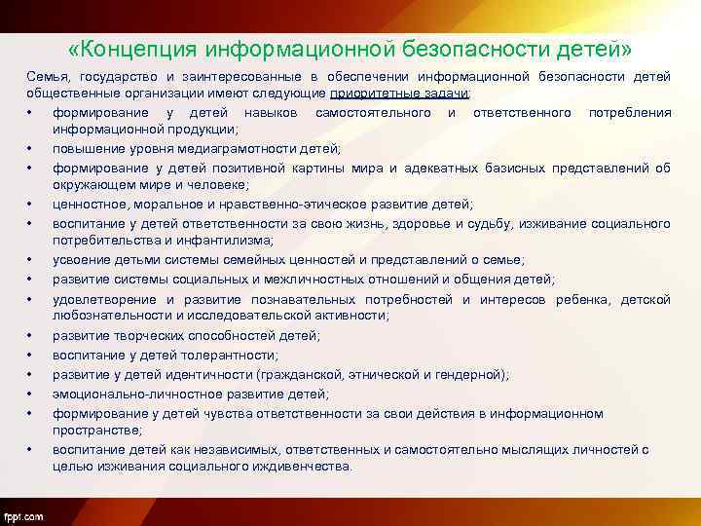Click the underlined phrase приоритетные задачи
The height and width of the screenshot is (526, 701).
click(x=399, y=93)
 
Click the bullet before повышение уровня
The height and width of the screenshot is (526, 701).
click(x=32, y=148)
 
